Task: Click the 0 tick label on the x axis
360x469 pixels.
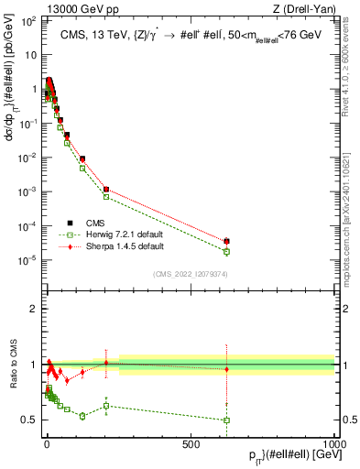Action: pyautogui.click(x=47, y=444)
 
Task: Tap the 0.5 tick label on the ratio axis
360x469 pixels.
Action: pyautogui.click(x=27, y=420)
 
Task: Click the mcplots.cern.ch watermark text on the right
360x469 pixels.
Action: pyautogui.click(x=352, y=211)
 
